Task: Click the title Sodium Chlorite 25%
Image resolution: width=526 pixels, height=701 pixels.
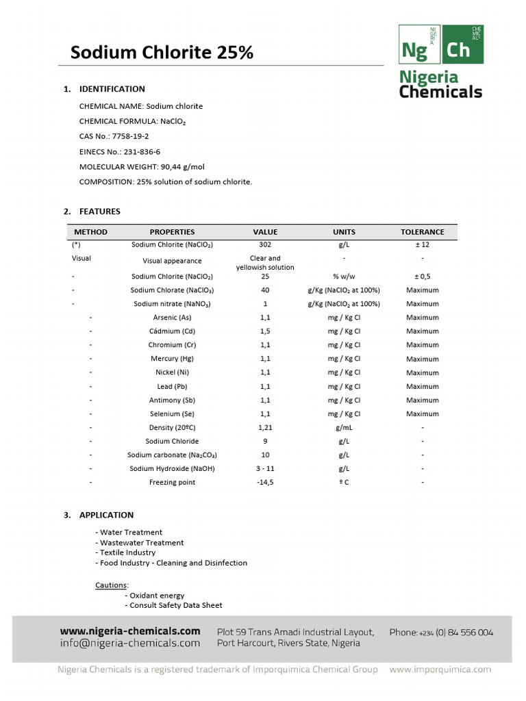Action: tap(162, 52)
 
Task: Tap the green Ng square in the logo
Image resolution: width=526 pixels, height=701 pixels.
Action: tap(419, 45)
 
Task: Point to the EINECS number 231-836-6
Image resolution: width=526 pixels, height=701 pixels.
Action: tap(142, 151)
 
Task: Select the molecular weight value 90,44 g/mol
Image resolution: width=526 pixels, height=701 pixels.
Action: tap(182, 166)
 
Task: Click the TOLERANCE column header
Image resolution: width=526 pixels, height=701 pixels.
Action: tap(422, 232)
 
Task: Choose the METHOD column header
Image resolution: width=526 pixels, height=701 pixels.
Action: tap(90, 232)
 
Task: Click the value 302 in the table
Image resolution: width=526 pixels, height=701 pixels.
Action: tap(265, 244)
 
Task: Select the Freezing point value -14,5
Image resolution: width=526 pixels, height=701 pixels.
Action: tap(265, 483)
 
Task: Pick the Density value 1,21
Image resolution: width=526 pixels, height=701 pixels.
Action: tap(265, 428)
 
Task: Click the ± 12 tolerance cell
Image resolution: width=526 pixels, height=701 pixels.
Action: tap(422, 244)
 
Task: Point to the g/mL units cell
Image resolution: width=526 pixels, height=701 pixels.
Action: tap(344, 428)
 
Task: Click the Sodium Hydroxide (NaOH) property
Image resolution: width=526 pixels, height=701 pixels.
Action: tap(173, 469)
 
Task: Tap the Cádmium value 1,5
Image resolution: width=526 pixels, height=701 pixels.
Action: tap(265, 331)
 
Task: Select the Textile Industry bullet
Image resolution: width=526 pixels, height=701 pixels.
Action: tap(127, 552)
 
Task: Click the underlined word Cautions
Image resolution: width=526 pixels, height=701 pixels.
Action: tap(110, 585)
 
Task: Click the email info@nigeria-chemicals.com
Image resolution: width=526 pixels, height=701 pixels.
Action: tap(130, 643)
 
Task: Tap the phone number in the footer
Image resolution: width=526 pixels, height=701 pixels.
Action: tap(441, 633)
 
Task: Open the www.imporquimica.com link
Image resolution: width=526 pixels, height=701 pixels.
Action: tap(440, 670)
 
